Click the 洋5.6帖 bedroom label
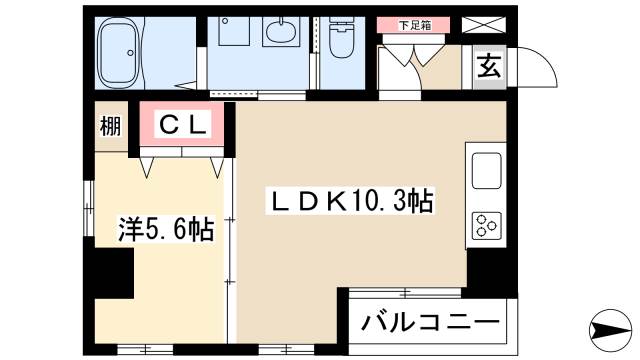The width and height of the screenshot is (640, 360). coord(165,230)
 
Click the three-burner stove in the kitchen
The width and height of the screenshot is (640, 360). coord(486,225)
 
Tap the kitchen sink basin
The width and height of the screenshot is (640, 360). coord(486,172)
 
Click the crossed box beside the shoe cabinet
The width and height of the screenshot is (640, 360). coord(491,23)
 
